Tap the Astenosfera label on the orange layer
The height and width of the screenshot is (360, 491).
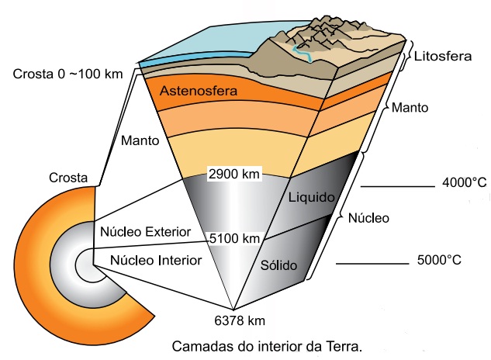pos(198,92)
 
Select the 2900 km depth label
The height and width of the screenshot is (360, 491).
pos(234,174)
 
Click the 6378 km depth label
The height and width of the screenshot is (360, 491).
pos(233,319)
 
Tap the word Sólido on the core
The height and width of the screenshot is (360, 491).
pos(279,265)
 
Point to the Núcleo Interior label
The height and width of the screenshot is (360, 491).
pos(156,260)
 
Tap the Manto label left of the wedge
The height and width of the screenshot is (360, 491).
pos(140,141)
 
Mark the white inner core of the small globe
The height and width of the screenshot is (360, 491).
pos(83,268)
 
